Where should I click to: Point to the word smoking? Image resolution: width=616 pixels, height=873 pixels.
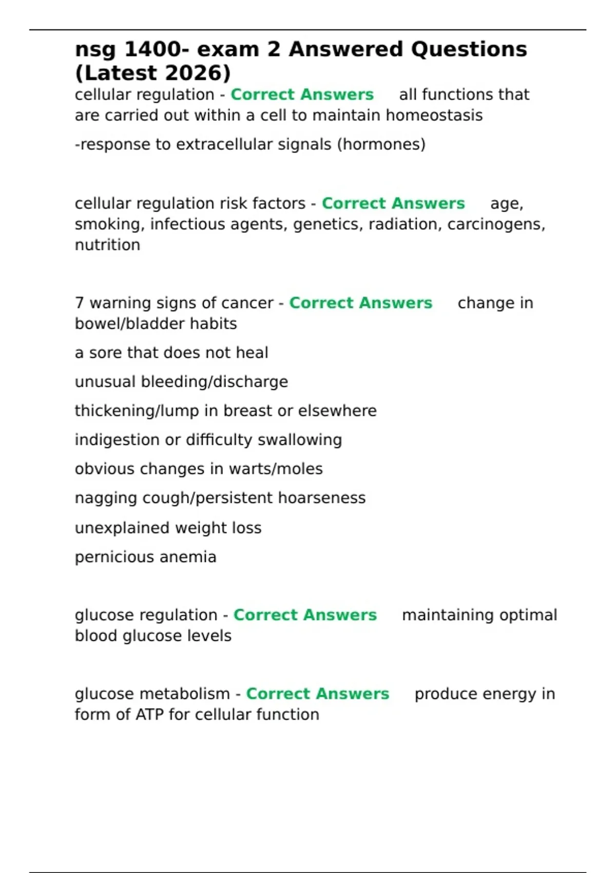(108, 224)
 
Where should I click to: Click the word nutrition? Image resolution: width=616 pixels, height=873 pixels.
(107, 245)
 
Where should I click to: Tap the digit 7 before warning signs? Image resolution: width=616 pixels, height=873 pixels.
(79, 303)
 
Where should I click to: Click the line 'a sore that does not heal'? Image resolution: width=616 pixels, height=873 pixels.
(171, 353)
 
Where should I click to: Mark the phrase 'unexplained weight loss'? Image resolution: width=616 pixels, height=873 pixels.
(168, 528)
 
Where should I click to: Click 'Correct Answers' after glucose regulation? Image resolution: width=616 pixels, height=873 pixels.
(305, 615)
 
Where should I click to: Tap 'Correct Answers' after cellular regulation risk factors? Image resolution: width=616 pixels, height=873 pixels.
(393, 204)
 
